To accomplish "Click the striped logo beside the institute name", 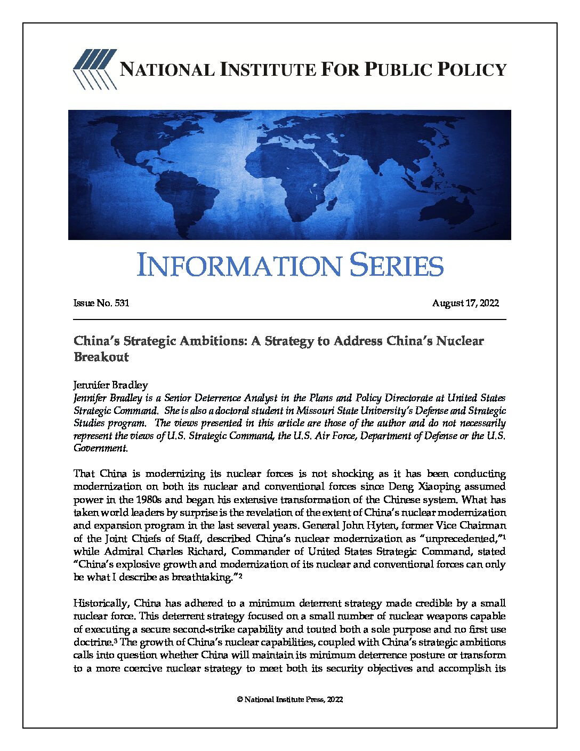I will pos(95,69).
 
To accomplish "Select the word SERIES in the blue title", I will pos(397,266).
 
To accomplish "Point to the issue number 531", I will pos(122,303).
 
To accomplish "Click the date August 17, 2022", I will pos(465,303).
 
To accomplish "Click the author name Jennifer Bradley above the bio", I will pos(110,385).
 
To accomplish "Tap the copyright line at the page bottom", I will pos(289,699).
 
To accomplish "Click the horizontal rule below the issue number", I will pos(289,319).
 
